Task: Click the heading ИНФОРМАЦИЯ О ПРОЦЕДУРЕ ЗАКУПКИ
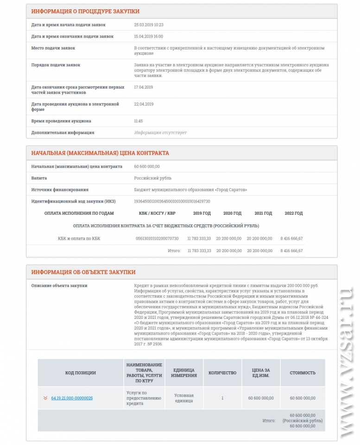pos(85,11)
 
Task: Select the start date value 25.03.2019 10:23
pos(148,25)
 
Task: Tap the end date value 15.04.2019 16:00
pos(148,36)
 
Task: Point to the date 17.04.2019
pos(143,87)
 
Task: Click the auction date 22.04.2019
pos(143,104)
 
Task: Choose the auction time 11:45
pos(139,121)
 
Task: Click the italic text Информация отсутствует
pos(160,133)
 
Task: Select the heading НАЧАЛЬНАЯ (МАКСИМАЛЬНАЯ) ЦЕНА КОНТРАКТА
pos(100,153)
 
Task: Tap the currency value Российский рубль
pos(152,178)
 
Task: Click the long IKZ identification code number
pos(172,201)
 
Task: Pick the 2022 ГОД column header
pos(293,213)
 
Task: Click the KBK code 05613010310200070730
pos(157,238)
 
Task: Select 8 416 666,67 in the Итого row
pos(291,250)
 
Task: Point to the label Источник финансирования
pos(60,190)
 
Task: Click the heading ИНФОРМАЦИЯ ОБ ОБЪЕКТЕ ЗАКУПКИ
pos(83,272)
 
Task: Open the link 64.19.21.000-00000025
pos(72,398)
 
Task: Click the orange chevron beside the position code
pos(45,398)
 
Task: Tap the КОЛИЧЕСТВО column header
pos(222,373)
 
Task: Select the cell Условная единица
pos(183,398)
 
